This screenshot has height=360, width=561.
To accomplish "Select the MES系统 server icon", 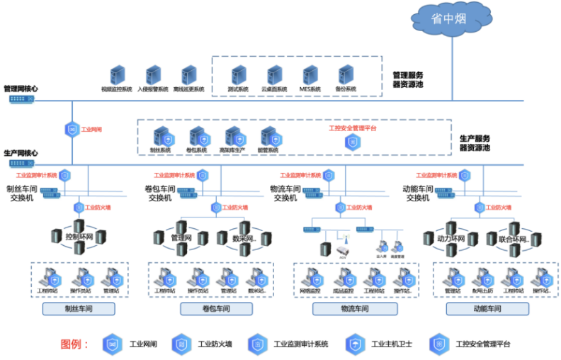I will [310, 74].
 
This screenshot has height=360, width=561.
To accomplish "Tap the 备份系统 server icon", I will [346, 74].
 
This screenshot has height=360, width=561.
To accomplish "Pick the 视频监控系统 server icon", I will [117, 74].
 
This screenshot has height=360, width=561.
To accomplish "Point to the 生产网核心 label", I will [21, 153].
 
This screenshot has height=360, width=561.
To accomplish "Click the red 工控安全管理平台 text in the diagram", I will [353, 128].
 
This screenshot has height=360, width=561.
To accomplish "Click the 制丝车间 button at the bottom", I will [79, 309].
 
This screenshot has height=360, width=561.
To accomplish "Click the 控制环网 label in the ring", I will [79, 237].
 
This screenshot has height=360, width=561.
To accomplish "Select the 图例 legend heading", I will [74, 344].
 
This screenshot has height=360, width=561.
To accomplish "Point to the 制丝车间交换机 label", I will [21, 193].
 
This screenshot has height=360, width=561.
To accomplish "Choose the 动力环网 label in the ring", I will [450, 239].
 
